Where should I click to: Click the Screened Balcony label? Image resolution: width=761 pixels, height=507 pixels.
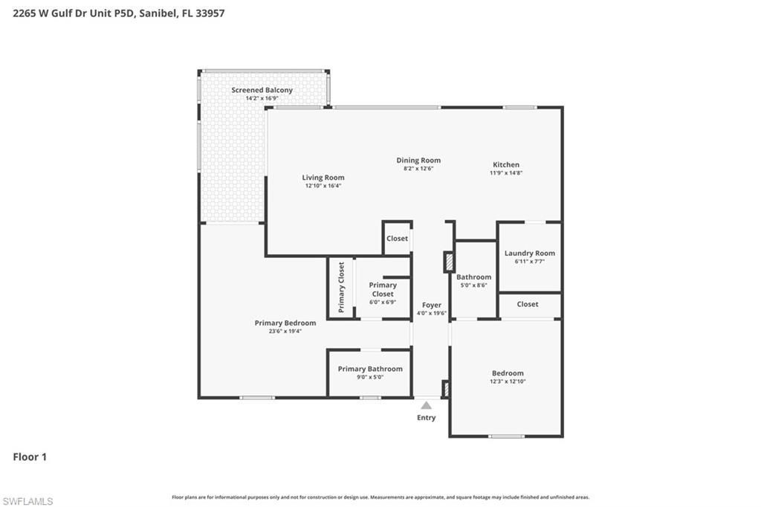262,90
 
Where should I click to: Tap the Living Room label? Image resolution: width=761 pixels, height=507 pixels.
323,178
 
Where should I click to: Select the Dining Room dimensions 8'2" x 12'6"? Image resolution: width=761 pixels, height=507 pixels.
418,169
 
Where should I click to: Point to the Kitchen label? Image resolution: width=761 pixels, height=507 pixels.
506,165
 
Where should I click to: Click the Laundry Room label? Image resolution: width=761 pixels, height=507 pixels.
529,253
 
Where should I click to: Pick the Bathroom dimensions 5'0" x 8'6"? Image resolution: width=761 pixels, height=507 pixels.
473,285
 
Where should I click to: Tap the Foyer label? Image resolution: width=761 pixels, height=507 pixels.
431,305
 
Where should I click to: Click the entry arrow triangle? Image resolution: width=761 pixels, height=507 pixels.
427,405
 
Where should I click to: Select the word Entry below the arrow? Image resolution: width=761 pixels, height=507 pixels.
427,418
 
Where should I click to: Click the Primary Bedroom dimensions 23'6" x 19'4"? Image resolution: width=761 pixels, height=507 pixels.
285,332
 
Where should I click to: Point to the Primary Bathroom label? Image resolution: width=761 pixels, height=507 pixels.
370,369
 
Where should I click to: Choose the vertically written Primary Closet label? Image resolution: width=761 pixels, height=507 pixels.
342,287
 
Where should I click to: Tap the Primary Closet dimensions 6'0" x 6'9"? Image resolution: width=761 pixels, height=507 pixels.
383,303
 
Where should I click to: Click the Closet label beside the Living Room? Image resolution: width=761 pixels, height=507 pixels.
397,239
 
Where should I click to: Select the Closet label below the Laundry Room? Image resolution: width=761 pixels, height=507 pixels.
528,304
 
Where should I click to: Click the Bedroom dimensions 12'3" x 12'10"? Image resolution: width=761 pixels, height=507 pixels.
508,381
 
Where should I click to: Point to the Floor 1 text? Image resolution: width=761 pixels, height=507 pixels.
30,457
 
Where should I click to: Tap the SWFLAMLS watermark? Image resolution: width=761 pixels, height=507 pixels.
27,501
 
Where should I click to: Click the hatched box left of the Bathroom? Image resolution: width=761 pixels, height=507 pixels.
448,262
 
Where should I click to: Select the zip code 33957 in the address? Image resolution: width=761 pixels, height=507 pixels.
210,13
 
